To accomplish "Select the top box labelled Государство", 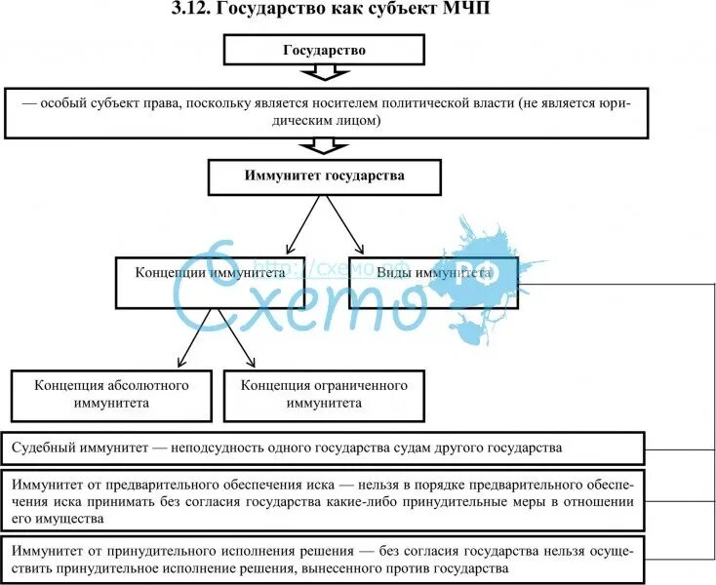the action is (x=324, y=51).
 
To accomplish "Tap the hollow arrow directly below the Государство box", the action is (x=324, y=74).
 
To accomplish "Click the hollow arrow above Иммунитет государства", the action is (x=324, y=146).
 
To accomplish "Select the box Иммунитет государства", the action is (x=324, y=177).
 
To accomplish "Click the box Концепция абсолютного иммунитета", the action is (x=111, y=393).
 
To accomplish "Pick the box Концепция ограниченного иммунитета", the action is (x=324, y=393).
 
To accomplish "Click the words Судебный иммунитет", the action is (x=78, y=448).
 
